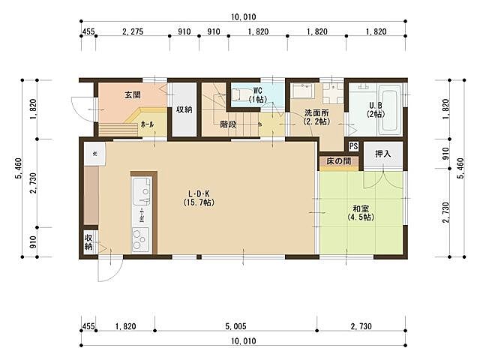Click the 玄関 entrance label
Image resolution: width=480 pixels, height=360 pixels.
[x=133, y=95]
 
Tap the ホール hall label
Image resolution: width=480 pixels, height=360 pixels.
[x=148, y=124]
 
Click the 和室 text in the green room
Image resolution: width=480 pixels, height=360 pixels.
[x=361, y=208]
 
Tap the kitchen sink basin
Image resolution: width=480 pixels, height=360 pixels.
[x=141, y=192]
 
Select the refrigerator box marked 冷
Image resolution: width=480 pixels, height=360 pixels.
[x=95, y=154]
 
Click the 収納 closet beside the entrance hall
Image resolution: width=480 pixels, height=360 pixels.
[x=184, y=109]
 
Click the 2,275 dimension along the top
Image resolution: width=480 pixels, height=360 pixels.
[x=132, y=33]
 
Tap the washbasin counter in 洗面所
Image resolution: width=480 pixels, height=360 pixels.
[x=304, y=91]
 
